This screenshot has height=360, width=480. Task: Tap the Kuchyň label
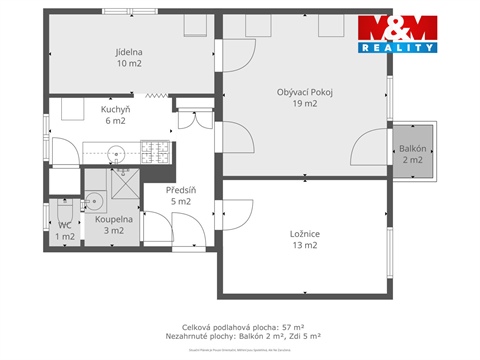coord(113,110)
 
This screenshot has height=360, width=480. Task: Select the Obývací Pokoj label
coord(304,93)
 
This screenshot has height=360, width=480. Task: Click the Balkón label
coord(413,149)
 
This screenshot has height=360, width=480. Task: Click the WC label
coord(64,225)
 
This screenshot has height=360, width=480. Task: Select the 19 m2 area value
coord(304,104)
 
